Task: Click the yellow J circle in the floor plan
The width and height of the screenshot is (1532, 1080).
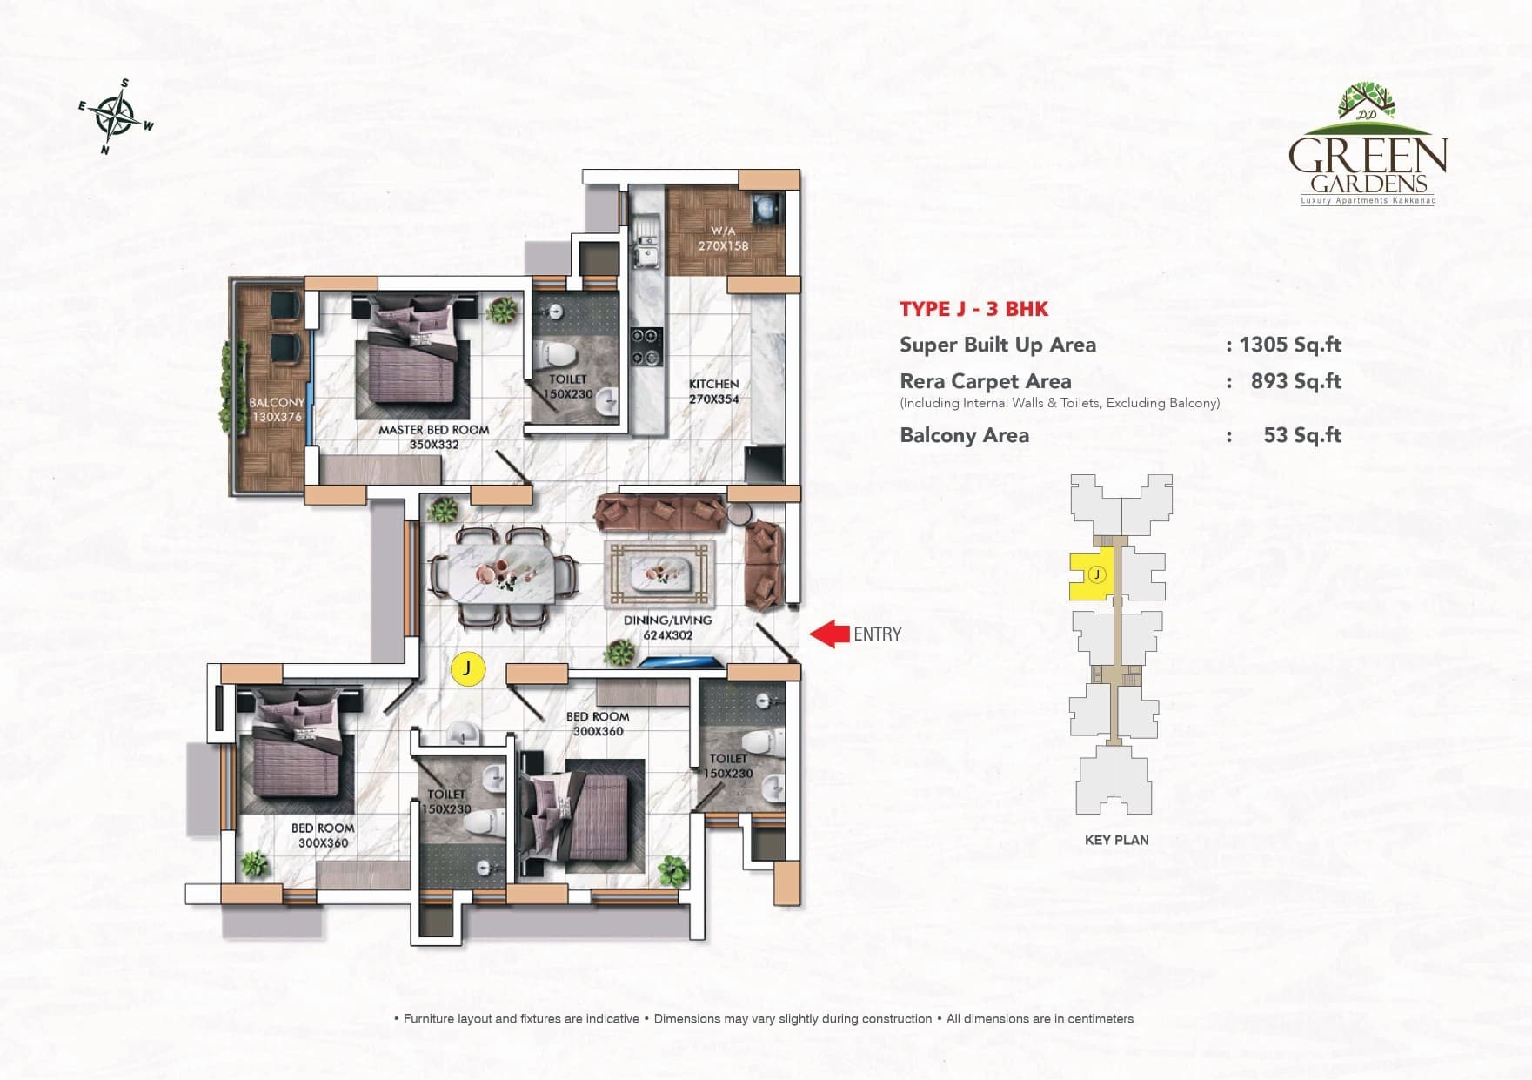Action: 467,668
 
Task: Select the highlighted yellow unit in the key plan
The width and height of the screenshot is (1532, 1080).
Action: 1089,575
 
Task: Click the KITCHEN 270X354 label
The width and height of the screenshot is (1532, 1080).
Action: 713,392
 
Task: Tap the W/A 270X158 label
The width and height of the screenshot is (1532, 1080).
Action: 723,238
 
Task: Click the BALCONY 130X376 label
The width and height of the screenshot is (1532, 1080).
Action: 277,409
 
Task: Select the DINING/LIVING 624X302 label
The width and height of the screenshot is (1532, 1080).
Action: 667,627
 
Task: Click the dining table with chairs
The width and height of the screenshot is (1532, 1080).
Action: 505,577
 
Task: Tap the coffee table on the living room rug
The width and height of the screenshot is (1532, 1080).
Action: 661,574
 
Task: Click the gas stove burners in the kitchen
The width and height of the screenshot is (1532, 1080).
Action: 646,346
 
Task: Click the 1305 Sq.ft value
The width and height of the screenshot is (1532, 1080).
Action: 1289,345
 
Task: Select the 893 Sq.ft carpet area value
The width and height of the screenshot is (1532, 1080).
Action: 1295,381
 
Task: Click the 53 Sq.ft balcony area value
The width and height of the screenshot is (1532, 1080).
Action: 1301,435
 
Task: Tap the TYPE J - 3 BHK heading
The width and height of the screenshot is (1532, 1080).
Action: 973,309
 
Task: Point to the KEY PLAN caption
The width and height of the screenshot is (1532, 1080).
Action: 1116,840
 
